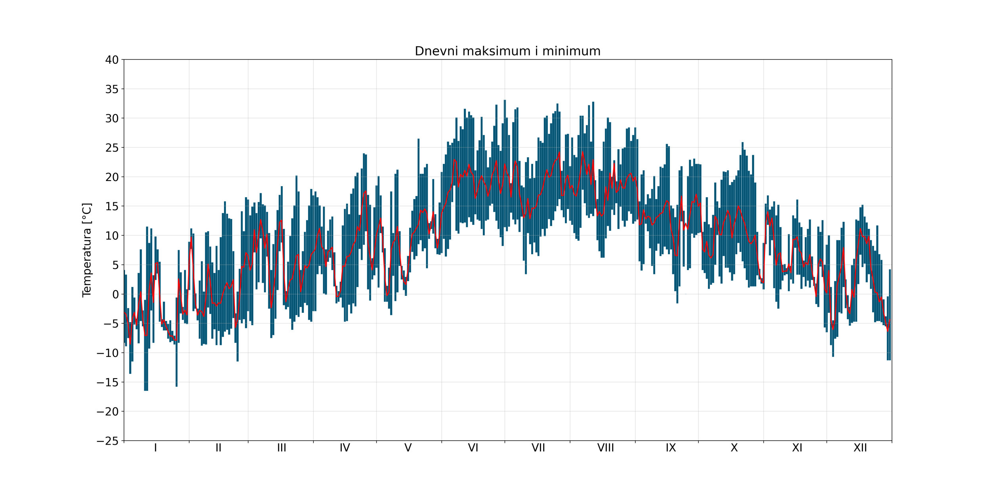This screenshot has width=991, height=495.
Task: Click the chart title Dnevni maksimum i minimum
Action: click(x=507, y=51)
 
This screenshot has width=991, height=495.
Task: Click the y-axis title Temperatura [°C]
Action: click(x=87, y=250)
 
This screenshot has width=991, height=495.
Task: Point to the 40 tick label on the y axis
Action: click(x=112, y=60)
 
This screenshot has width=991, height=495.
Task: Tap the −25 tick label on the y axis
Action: click(x=107, y=441)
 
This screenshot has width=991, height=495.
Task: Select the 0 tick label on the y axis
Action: click(x=115, y=294)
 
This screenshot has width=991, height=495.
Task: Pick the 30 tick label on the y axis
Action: click(x=112, y=118)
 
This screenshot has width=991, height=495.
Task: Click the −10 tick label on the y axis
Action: click(x=107, y=353)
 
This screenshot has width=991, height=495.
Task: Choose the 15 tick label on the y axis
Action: click(x=112, y=206)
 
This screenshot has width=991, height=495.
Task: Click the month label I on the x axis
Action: click(x=155, y=448)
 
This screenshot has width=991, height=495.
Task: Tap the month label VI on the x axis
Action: click(x=473, y=448)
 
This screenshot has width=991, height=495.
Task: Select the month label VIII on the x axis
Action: click(x=605, y=448)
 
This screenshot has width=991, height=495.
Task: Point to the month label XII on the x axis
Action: click(x=860, y=448)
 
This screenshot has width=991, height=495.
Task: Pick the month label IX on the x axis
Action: click(x=671, y=448)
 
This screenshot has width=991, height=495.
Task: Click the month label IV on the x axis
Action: click(x=345, y=448)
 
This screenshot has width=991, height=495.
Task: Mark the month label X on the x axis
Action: click(x=734, y=448)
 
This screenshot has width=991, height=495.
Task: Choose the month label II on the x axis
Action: click(x=218, y=448)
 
